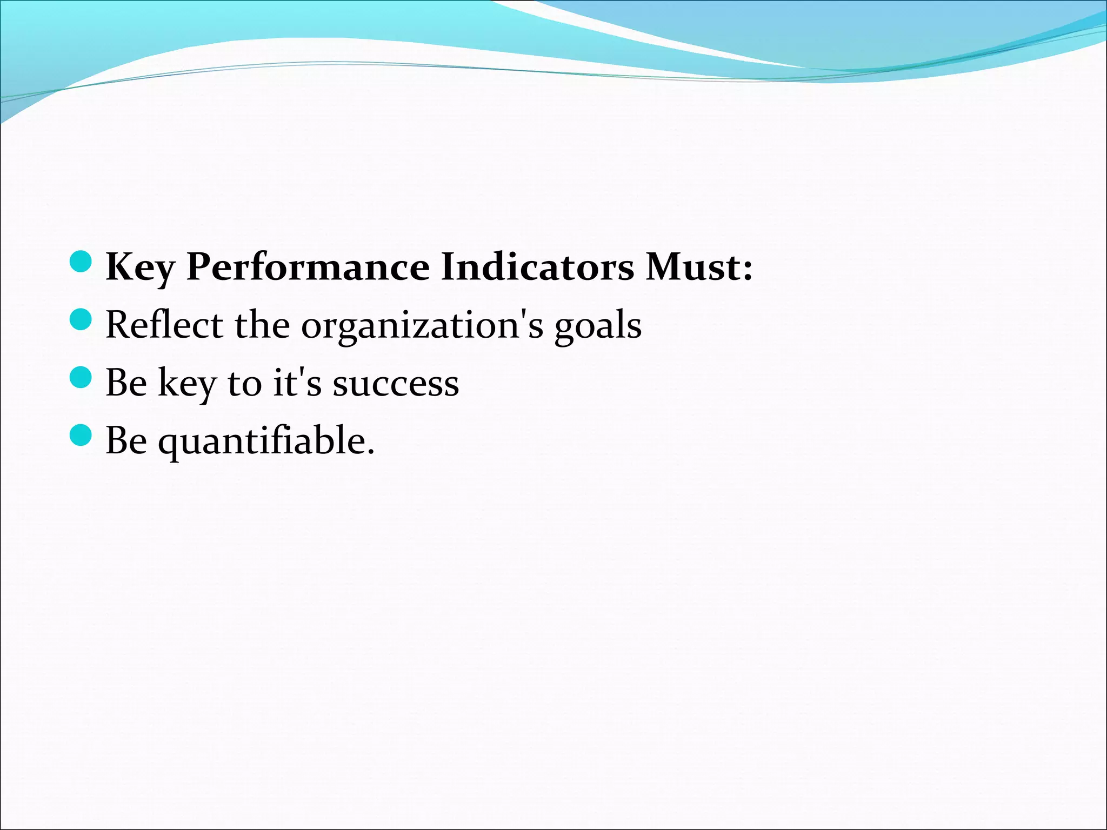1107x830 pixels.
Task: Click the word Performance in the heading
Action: point(308,267)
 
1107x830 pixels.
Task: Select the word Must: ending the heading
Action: point(699,267)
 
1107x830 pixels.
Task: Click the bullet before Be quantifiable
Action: point(81,435)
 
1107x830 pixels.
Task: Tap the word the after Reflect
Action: point(262,325)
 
